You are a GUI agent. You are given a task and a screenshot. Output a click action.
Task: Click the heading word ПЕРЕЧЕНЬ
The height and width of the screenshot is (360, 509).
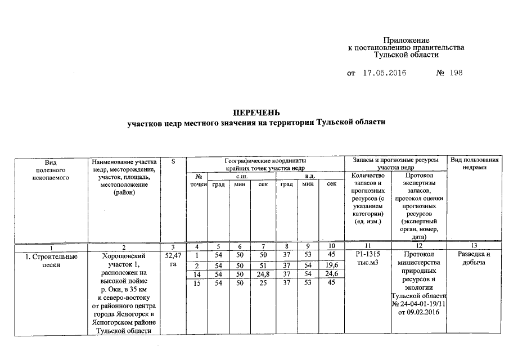[x=256, y=112]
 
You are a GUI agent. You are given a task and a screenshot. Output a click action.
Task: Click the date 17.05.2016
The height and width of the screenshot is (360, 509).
[x=384, y=74]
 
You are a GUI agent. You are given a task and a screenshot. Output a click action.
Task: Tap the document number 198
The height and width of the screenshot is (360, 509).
[x=456, y=74]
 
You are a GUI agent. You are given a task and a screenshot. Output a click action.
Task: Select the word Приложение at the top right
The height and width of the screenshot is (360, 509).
[x=406, y=40]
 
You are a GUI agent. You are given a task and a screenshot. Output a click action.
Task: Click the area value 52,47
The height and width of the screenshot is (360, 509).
[x=173, y=256]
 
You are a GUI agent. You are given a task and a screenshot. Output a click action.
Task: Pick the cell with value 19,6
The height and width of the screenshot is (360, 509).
[x=331, y=265]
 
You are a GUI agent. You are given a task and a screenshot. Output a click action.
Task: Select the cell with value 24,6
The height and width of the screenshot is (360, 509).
[x=331, y=273]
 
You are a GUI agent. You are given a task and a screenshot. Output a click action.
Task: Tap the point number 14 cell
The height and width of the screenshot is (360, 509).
[x=197, y=273]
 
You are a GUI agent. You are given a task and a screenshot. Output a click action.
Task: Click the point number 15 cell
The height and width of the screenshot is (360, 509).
[x=197, y=282]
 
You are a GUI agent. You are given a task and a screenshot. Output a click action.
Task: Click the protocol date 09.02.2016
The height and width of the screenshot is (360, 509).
[x=417, y=313]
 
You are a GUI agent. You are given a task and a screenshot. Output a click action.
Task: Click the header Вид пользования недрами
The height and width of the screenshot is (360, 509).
[x=475, y=165]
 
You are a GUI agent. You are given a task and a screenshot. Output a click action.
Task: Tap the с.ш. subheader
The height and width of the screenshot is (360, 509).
[x=241, y=176]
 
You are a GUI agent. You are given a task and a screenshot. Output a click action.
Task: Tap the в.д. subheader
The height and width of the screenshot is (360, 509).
[x=309, y=176]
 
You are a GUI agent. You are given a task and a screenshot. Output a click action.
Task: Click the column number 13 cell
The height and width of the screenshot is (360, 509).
[x=475, y=246]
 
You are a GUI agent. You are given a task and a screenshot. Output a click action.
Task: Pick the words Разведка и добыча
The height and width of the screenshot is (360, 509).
[x=475, y=260]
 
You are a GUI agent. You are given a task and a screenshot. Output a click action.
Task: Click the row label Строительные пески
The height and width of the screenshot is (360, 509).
[x=51, y=260]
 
